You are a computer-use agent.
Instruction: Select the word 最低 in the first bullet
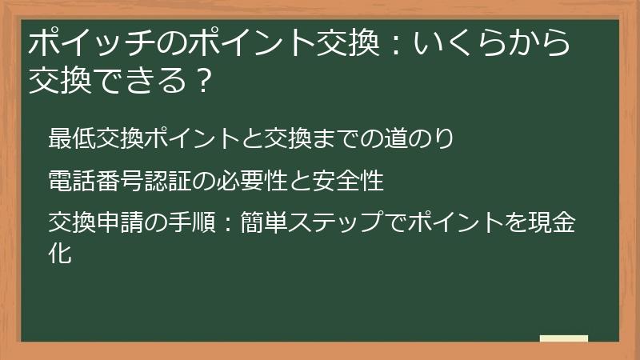click(71, 138)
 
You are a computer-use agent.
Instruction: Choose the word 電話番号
click(95, 182)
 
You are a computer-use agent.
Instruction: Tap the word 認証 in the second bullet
click(167, 182)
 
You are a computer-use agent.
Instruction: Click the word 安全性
click(349, 182)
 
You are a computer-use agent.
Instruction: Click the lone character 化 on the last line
click(60, 254)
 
